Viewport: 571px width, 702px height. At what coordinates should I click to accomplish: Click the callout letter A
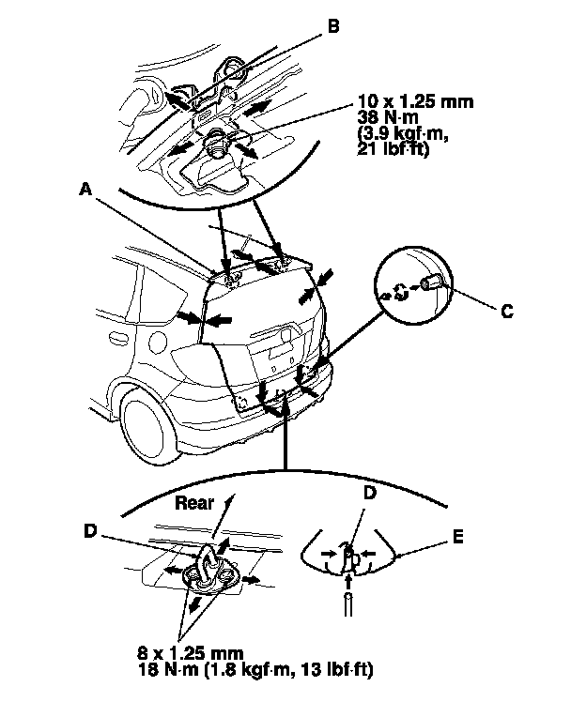85,190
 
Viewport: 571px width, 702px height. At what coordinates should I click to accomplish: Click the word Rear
196,502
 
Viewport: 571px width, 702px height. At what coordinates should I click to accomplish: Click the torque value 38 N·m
383,114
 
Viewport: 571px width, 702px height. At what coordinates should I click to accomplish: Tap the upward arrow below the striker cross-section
349,601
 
